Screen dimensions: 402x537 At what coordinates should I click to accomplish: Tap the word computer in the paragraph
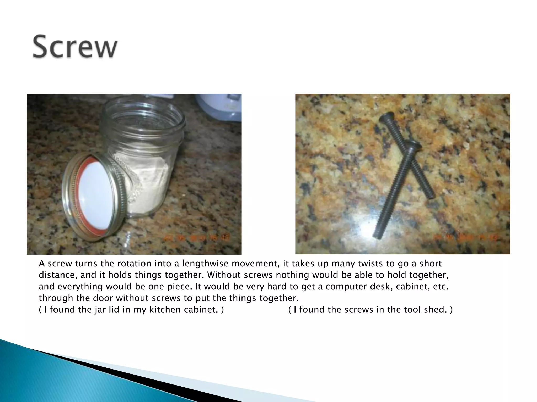(x=346, y=287)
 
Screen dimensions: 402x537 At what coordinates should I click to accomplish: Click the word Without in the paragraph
(x=225, y=275)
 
